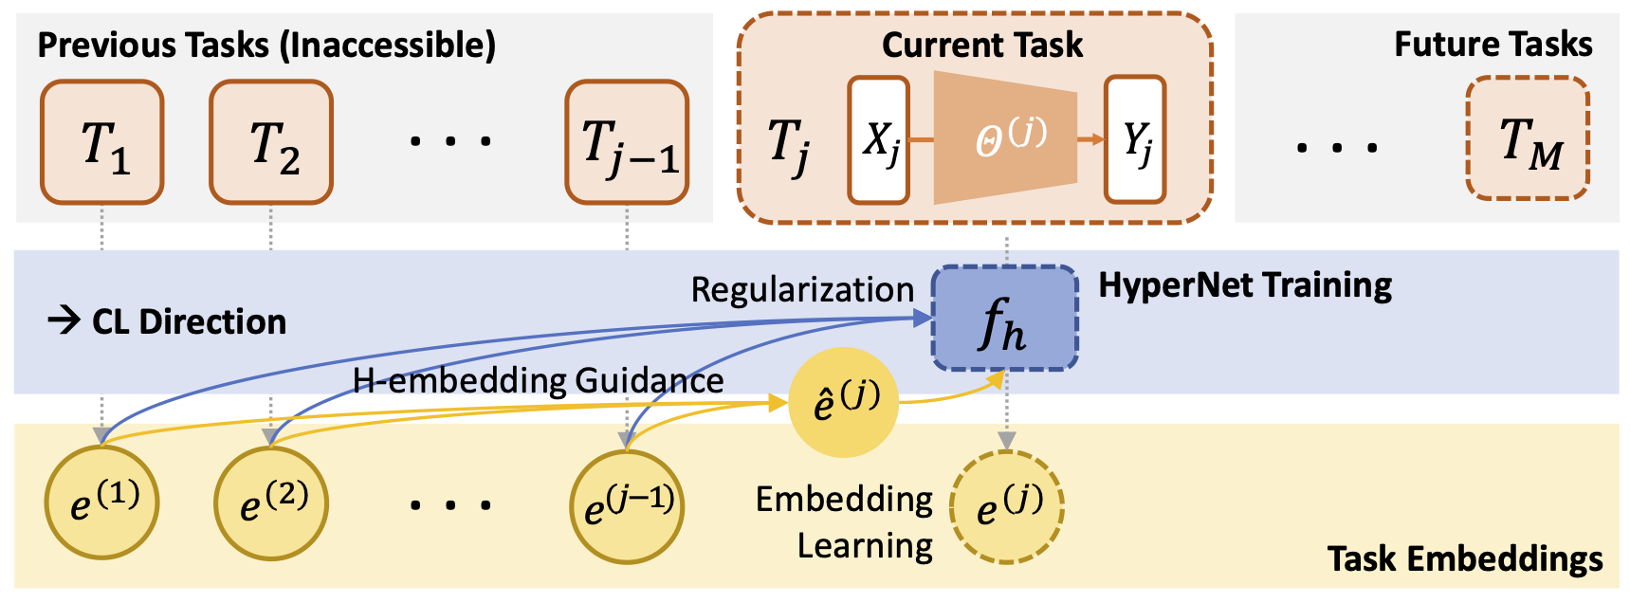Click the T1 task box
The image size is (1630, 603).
[x=102, y=142]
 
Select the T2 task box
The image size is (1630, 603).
[x=271, y=142]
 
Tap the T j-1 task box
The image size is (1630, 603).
[x=627, y=142]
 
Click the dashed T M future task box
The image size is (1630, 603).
[x=1528, y=138]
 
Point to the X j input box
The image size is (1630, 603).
[x=879, y=140]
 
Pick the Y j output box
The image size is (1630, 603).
[x=1135, y=140]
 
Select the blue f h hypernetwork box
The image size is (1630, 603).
[x=1005, y=319]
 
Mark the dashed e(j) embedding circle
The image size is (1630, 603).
[x=1008, y=506]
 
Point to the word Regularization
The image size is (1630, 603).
[x=802, y=290]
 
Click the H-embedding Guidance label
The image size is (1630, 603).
[x=538, y=381]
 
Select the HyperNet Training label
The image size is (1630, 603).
[x=1245, y=285]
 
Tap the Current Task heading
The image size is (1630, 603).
[x=981, y=45]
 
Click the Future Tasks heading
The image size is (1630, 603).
[x=1493, y=45]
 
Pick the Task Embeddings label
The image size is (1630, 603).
[x=1465, y=559]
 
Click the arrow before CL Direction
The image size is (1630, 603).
[x=64, y=321]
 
